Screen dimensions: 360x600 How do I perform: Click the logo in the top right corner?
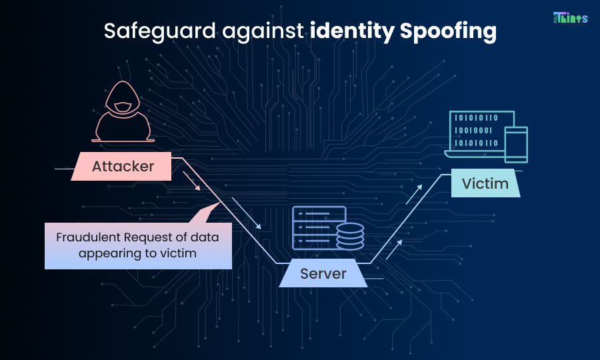coord(571,18)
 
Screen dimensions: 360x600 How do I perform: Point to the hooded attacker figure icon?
coord(122,113)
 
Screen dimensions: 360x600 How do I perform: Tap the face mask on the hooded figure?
coord(122,107)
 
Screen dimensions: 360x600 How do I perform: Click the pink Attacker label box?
coord(123,167)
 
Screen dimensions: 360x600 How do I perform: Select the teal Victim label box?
coord(485,183)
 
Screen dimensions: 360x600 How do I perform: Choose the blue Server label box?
coord(323,273)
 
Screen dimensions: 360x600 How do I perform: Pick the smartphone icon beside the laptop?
coord(515,145)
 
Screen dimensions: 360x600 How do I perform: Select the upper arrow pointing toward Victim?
coord(415,193)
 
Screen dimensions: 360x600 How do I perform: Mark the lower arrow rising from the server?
coord(394,249)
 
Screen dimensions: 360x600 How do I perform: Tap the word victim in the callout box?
coord(179,254)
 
